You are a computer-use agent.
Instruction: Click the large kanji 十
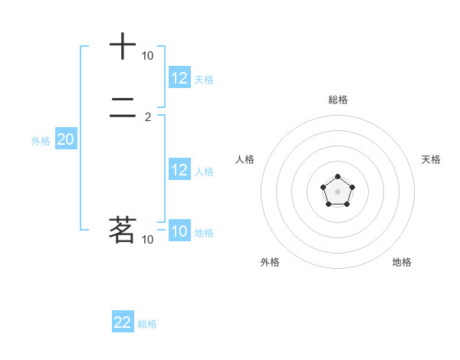[x=123, y=47]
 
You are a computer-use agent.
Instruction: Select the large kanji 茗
[x=123, y=230]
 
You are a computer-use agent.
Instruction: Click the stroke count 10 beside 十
[x=147, y=56]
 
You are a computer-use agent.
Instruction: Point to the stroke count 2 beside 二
[x=147, y=117]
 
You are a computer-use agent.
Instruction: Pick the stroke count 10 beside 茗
[x=147, y=240]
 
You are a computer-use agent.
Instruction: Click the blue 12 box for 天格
[x=179, y=78]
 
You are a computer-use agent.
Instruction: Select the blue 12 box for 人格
[x=179, y=170]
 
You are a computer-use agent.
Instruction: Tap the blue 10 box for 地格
[x=179, y=231]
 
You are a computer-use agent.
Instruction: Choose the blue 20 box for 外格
[x=65, y=139]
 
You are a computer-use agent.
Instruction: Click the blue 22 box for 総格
[x=123, y=322]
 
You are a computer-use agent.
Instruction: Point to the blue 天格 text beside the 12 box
[x=204, y=80]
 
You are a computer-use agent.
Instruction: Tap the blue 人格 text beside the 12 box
[x=204, y=172]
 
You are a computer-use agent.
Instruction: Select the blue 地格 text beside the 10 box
[x=204, y=233]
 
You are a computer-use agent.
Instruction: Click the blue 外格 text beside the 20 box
[x=41, y=141]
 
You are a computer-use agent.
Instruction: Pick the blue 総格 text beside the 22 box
[x=147, y=324]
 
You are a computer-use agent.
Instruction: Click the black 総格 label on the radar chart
[x=338, y=100]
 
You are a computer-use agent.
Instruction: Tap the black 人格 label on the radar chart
[x=245, y=159]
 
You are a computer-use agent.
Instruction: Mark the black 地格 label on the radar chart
[x=402, y=262]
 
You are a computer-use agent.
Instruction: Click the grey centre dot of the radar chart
[x=337, y=191]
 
